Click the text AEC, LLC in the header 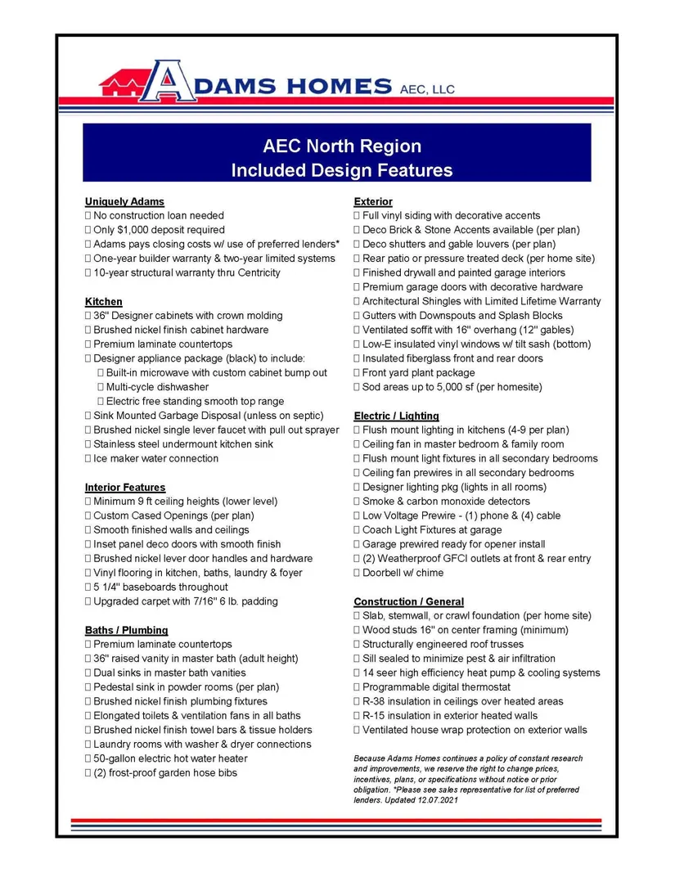tap(425, 88)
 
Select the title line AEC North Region tap(342, 146)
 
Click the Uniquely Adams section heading tap(124, 201)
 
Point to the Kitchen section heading tap(104, 301)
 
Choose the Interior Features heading tap(125, 487)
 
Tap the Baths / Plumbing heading tap(127, 630)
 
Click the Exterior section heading tap(373, 201)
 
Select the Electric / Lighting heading tap(396, 416)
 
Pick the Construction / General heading tap(408, 601)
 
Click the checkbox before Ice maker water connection tap(88, 459)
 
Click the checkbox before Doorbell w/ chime tap(357, 573)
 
